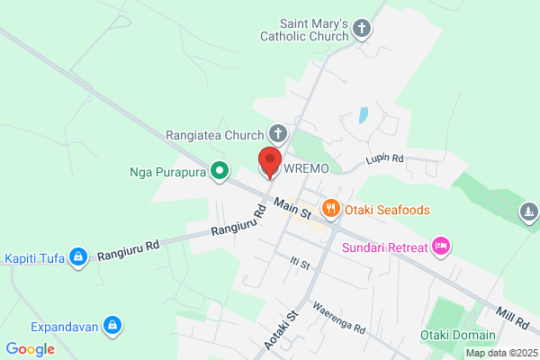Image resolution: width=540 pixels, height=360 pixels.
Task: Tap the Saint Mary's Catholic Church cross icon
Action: [x=363, y=28]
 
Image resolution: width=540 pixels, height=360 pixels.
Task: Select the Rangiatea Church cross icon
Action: [x=278, y=136]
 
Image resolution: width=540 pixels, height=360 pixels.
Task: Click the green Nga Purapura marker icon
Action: [x=219, y=170]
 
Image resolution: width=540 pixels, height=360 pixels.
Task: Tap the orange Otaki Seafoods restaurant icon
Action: [x=331, y=209]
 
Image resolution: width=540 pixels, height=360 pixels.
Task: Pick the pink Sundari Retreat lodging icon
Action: [x=440, y=245]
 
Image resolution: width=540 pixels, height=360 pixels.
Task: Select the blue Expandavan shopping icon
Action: [x=112, y=324]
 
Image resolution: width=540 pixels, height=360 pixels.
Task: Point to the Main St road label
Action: [x=292, y=209]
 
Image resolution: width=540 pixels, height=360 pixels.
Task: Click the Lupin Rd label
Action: [x=384, y=160]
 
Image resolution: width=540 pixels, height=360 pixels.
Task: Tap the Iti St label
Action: [x=300, y=264]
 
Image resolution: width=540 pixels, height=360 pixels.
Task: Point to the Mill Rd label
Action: [x=513, y=317]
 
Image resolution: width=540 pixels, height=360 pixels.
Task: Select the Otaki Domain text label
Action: [x=457, y=336]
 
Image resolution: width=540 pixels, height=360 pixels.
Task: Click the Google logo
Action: [x=30, y=349]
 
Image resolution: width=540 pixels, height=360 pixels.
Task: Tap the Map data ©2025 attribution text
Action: [x=500, y=353]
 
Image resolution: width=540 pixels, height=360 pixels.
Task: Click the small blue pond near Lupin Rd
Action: [x=363, y=115]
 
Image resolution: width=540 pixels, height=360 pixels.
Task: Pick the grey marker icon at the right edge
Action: [x=528, y=211]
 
